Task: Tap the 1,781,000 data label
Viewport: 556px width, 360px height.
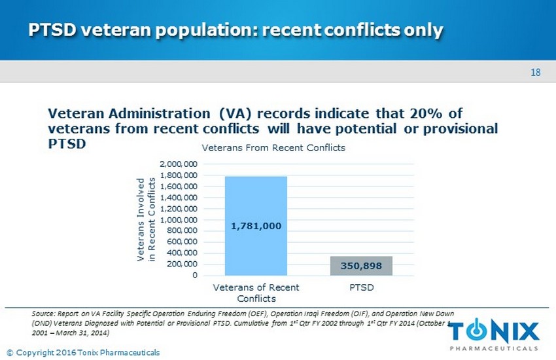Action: click(x=256, y=226)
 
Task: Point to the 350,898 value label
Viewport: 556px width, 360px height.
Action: click(x=361, y=266)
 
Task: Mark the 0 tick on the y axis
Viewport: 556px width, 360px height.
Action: click(x=195, y=275)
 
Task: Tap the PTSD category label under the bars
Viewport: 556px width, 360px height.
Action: click(x=361, y=287)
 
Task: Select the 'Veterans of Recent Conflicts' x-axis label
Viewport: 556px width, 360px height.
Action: click(x=256, y=293)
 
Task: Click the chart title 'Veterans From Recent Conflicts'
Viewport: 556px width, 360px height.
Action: click(x=273, y=148)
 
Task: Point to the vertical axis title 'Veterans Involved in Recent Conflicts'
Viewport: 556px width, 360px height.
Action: click(x=146, y=219)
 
